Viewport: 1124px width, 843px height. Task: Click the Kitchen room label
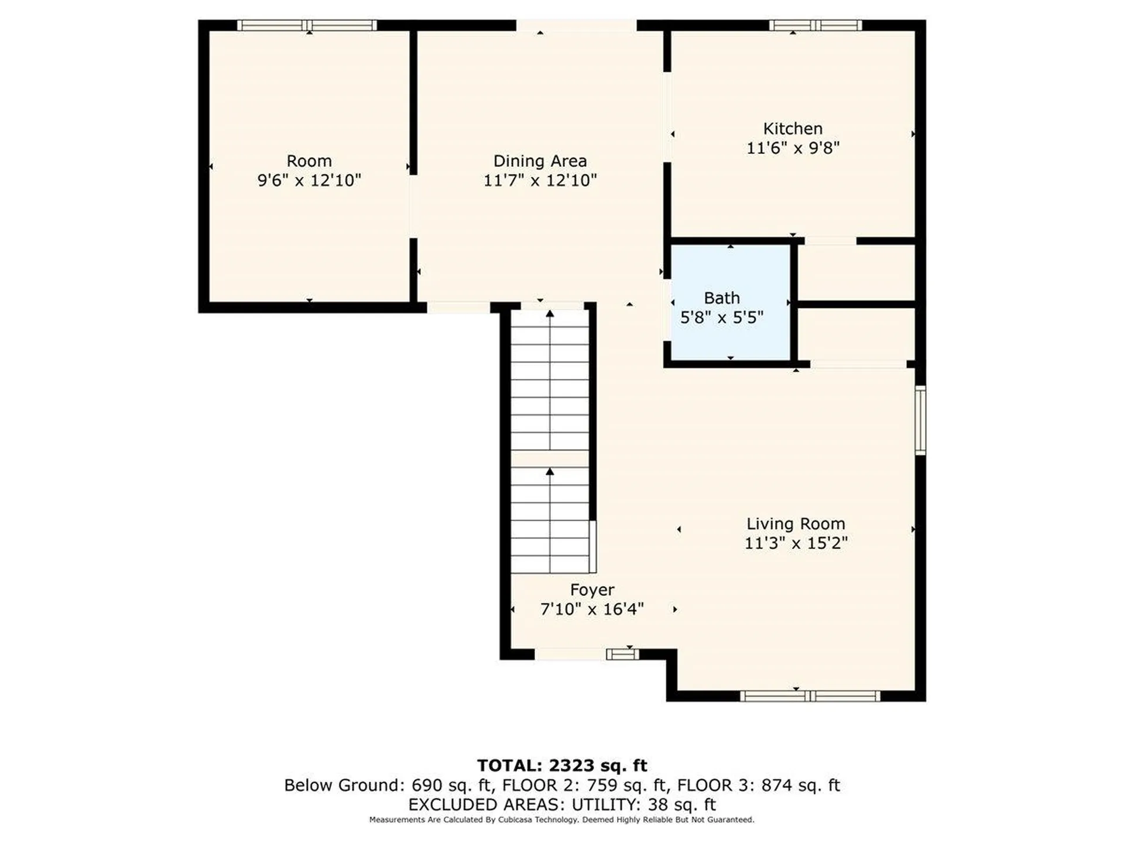(x=793, y=128)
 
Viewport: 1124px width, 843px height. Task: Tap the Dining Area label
(x=540, y=160)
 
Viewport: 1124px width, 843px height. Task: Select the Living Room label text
(x=796, y=523)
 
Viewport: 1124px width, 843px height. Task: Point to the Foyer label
(x=592, y=590)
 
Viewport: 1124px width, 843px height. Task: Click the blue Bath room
(x=730, y=303)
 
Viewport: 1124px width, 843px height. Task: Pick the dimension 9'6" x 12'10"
(x=309, y=180)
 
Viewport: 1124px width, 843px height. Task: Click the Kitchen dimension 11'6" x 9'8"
(x=793, y=148)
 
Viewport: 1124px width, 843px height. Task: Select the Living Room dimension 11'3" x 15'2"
(x=796, y=543)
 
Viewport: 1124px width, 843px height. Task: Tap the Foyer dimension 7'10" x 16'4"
(x=592, y=609)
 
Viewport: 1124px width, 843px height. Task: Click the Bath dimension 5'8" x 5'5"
(x=722, y=317)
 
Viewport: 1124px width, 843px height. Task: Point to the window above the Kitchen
(x=815, y=25)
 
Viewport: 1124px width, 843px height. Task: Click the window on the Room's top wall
(x=307, y=25)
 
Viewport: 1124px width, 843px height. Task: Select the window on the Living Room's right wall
(x=920, y=420)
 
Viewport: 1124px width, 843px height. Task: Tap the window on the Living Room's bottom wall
(x=810, y=695)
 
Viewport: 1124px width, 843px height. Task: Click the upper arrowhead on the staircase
(x=550, y=314)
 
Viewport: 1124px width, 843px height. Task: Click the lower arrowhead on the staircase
(x=550, y=471)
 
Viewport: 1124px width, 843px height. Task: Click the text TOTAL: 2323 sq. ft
(x=562, y=765)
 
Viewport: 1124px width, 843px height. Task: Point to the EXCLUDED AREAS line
(x=562, y=804)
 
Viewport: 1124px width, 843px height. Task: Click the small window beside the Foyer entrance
(x=622, y=654)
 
